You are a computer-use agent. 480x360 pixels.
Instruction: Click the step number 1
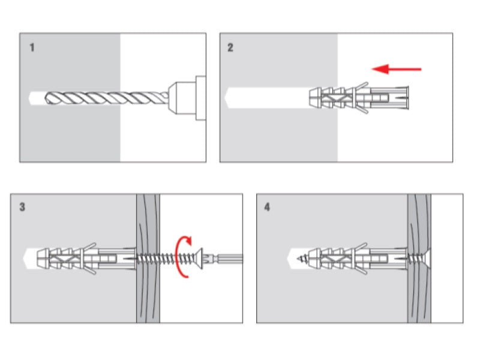click(x=32, y=46)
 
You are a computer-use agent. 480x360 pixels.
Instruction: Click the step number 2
click(x=230, y=47)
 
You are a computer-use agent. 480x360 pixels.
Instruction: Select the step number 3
click(x=22, y=208)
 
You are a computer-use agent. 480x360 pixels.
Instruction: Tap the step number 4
click(x=267, y=208)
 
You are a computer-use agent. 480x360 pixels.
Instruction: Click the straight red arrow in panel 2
click(x=397, y=70)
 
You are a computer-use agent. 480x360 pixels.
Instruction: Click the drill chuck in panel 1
click(x=186, y=97)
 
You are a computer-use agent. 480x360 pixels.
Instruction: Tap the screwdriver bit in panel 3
click(x=228, y=259)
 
